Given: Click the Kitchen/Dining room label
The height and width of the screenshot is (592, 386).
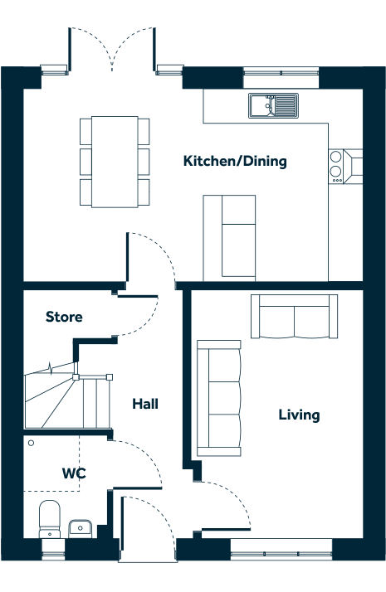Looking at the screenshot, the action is point(235,161).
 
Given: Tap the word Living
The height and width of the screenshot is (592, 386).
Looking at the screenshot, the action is point(299,415).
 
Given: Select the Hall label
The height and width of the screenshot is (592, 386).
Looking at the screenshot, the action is point(145,404).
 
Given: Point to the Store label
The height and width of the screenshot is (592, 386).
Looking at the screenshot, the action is point(64,317).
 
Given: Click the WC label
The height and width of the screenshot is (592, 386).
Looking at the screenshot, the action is point(74,473).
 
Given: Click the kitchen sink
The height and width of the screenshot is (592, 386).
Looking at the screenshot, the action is point(273,105).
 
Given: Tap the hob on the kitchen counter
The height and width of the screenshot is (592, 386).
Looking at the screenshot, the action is point(336,166).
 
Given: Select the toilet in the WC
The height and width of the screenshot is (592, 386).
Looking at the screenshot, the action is point(50,519).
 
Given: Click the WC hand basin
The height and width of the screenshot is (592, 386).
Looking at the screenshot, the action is point(80,528).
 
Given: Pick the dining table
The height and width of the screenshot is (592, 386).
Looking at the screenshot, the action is point(115,162).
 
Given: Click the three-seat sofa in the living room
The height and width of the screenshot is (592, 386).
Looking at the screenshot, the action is point(219,398).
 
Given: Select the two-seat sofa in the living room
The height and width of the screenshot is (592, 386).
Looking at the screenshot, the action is point(294,317).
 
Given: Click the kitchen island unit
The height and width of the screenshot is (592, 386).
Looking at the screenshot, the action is point(229,238).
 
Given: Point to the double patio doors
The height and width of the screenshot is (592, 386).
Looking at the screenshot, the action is point(112,49).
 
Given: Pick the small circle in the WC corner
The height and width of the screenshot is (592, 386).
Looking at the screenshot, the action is point(31,443).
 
